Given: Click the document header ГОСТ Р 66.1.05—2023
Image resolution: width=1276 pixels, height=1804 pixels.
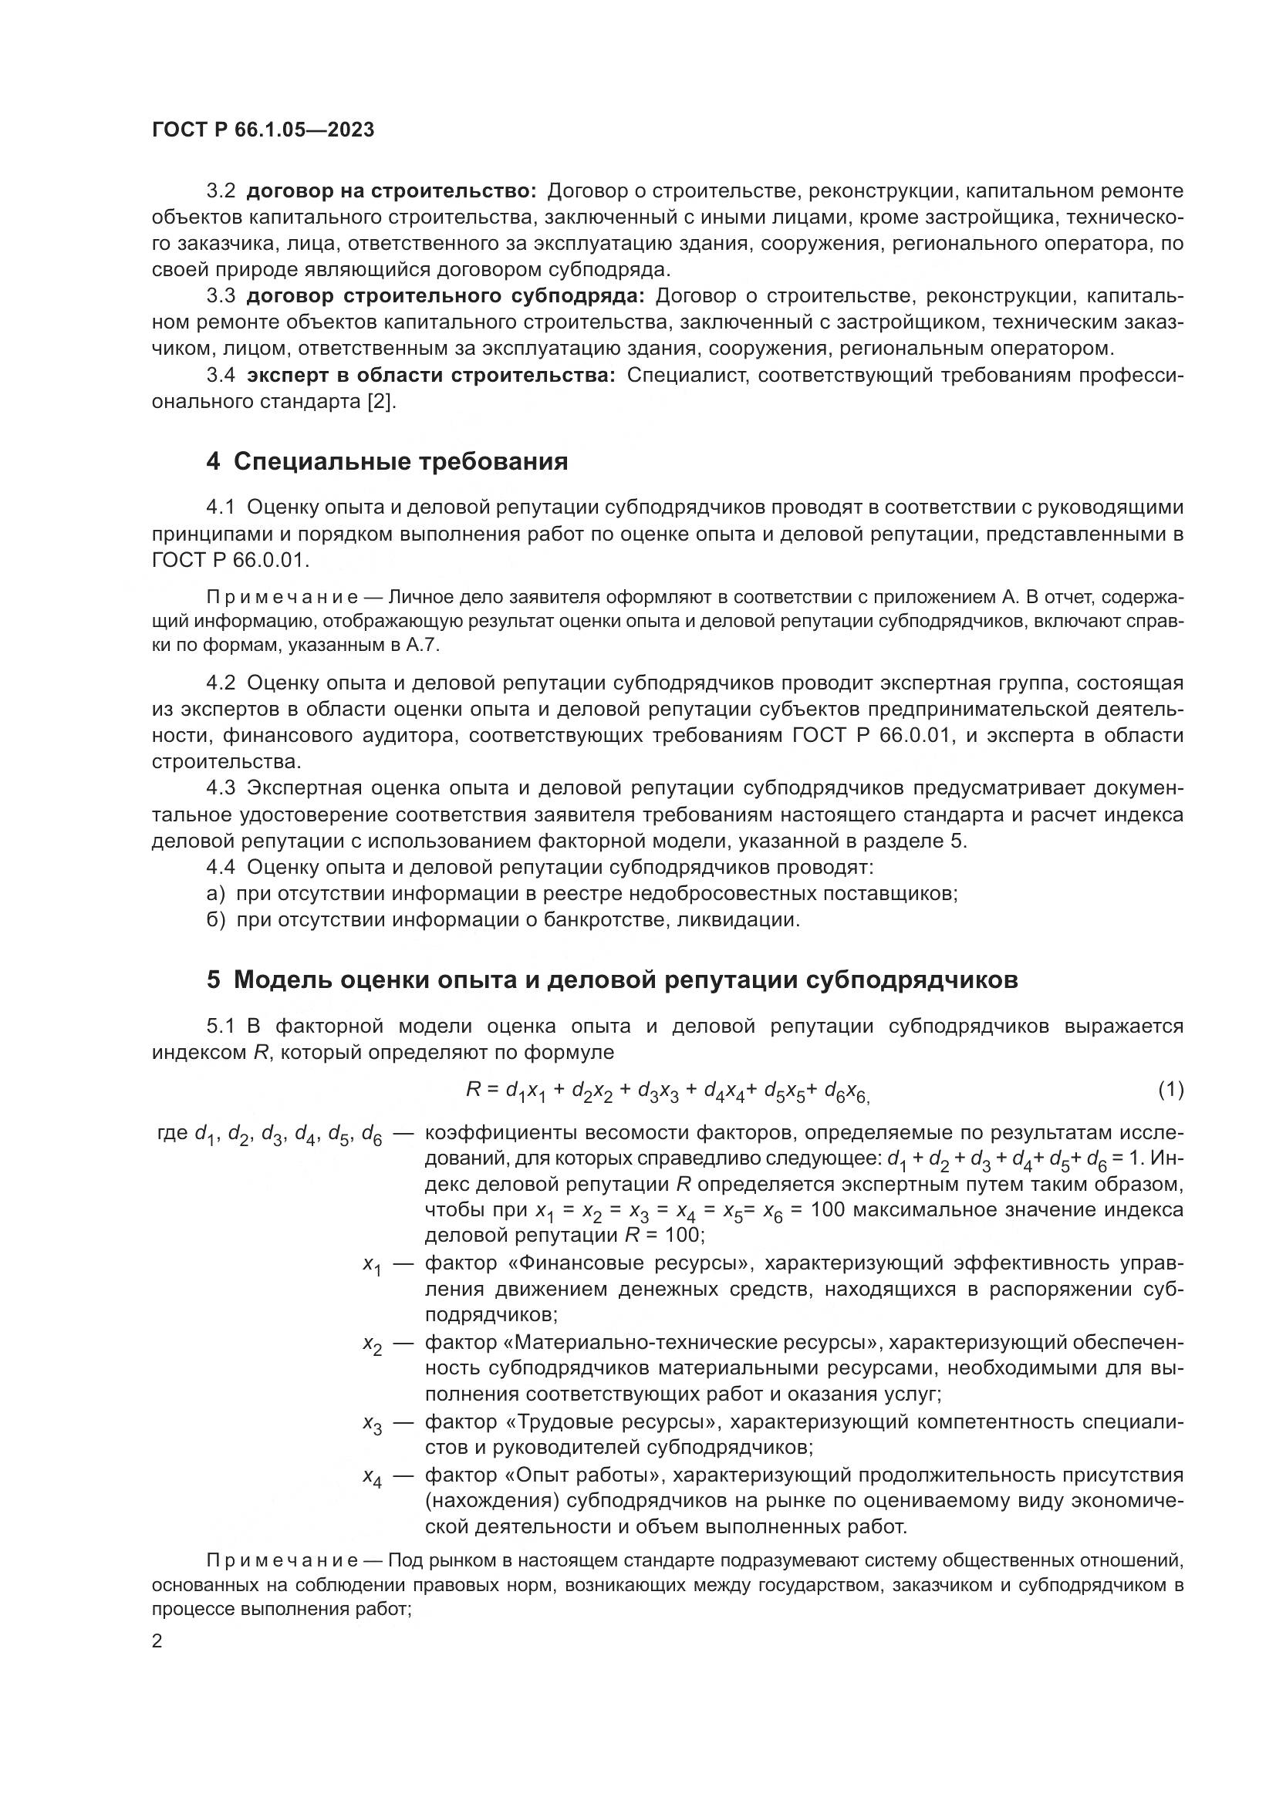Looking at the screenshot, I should click(x=262, y=130).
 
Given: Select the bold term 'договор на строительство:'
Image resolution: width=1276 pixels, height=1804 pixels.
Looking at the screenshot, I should click(x=391, y=191).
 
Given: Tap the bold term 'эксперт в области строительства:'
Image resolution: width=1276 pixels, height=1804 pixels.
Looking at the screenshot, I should click(x=431, y=376).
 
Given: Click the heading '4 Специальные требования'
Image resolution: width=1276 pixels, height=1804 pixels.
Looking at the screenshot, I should click(x=387, y=461).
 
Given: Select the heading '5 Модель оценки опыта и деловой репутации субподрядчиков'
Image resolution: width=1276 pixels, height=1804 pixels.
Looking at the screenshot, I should click(x=612, y=980).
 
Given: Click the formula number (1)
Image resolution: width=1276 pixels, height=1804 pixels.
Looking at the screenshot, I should click(x=1170, y=1090).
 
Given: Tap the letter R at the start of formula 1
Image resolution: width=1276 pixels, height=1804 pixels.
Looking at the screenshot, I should click(x=473, y=1089).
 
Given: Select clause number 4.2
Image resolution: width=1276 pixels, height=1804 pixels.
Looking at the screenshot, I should click(x=221, y=683).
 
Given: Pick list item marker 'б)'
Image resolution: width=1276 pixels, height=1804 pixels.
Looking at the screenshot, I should click(x=216, y=919).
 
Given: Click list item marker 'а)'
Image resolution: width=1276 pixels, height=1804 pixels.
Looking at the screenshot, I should click(x=216, y=893).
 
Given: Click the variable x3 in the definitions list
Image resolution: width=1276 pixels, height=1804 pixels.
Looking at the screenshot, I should click(x=372, y=1425).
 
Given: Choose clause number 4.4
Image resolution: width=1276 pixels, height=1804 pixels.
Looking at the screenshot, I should click(x=221, y=868).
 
